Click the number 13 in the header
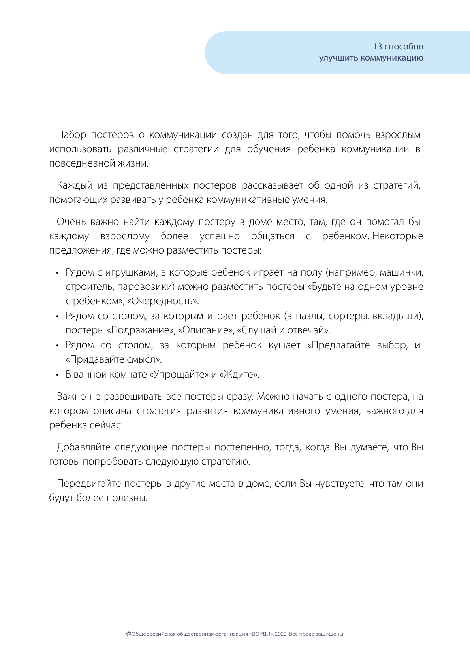pyautogui.click(x=377, y=47)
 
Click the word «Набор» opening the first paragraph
pyautogui.click(x=71, y=135)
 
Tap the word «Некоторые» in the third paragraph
pyautogui.click(x=398, y=236)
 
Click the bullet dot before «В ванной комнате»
pyautogui.click(x=57, y=375)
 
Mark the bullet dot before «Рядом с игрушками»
pyautogui.click(x=57, y=273)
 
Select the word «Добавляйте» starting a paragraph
pyautogui.click(x=83, y=447)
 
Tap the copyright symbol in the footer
pyautogui.click(x=128, y=634)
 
